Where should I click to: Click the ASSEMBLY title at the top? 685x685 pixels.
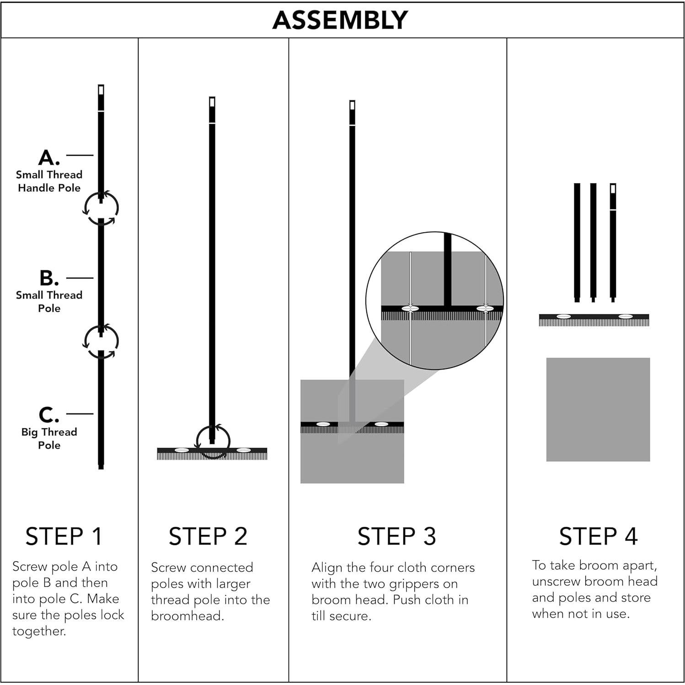(340, 20)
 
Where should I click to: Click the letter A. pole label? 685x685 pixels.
(49, 158)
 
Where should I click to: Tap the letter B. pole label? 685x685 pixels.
(49, 278)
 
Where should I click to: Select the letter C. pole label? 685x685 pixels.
(49, 415)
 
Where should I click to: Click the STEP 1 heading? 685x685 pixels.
(64, 536)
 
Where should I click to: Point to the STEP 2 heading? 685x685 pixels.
(208, 536)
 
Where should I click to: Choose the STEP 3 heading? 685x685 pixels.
(396, 536)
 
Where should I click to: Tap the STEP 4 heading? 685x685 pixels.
(598, 536)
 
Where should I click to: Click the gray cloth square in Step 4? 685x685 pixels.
(598, 409)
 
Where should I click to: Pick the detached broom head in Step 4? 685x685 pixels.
(594, 320)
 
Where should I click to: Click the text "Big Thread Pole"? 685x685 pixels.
(49, 439)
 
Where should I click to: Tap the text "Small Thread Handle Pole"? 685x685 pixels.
(49, 181)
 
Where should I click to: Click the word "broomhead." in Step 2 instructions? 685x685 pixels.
(187, 616)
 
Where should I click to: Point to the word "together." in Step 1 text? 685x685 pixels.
(39, 631)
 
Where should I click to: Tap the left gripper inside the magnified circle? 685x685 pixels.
(410, 309)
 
